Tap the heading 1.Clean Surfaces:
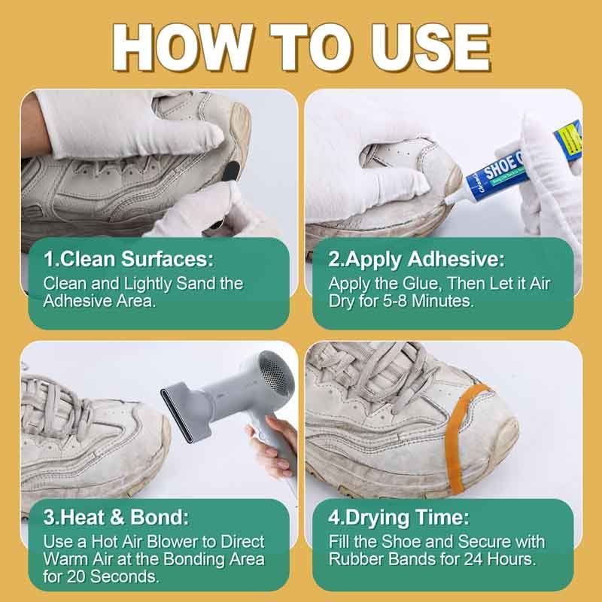(129, 260)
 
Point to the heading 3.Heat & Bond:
(117, 518)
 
